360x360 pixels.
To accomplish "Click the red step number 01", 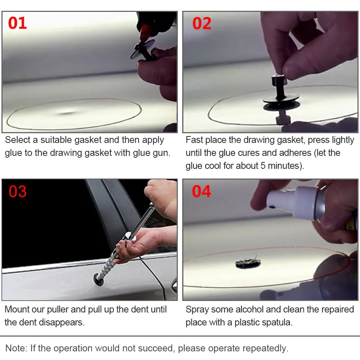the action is (x=17, y=23).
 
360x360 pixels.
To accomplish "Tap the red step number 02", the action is (x=202, y=23).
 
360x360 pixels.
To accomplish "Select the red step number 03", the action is (x=18, y=192).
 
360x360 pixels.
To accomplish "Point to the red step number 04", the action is (x=201, y=191).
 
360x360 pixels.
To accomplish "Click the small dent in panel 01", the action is (x=67, y=113).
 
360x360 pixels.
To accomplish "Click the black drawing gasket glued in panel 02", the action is (x=281, y=102).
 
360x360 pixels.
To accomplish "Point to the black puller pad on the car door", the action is (x=99, y=280).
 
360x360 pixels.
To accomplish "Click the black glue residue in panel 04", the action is (x=248, y=263).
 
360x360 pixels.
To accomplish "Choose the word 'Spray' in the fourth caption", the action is (x=197, y=310).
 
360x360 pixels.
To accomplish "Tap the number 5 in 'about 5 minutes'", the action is (x=263, y=166).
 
